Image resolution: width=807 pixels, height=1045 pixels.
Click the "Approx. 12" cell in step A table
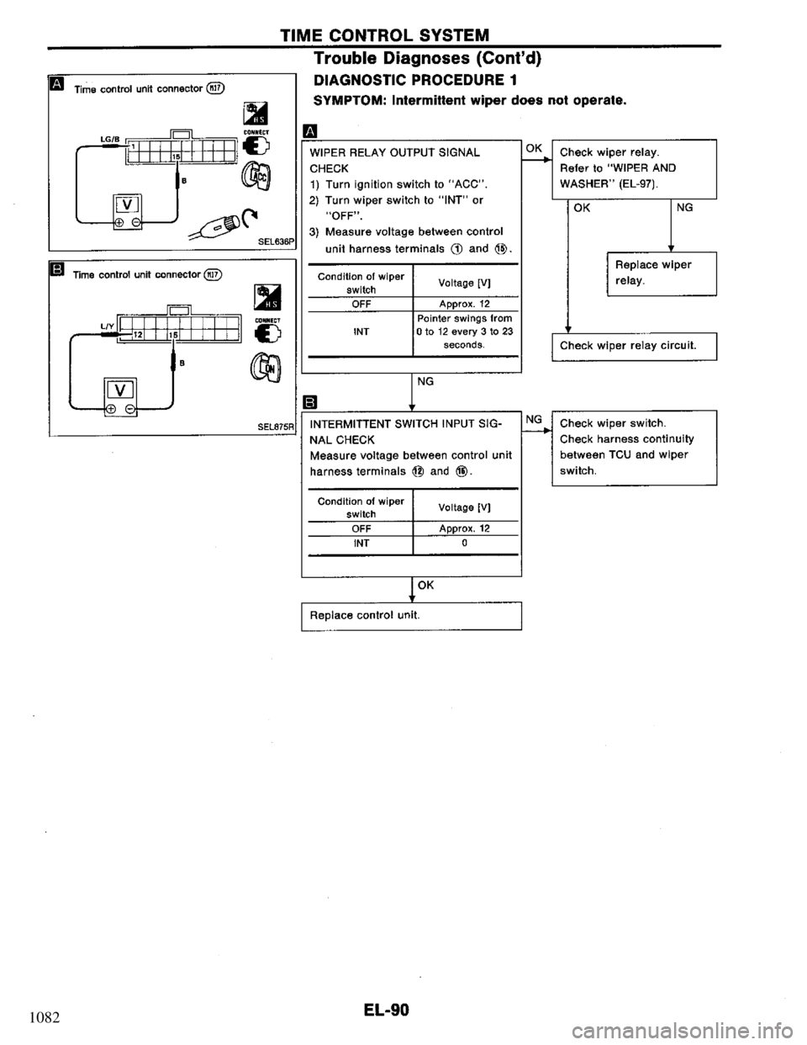coord(466,304)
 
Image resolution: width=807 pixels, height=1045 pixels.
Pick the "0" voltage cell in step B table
coord(466,543)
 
